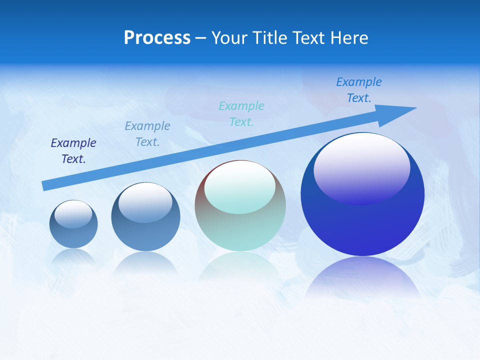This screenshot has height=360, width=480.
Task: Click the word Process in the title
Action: (x=157, y=38)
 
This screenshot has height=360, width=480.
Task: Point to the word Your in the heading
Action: (x=230, y=38)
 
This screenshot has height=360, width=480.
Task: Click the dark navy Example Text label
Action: (x=73, y=151)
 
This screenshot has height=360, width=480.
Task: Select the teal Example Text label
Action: (x=241, y=113)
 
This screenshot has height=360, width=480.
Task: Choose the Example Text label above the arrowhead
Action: (x=359, y=90)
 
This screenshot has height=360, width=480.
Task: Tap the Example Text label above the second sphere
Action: (x=147, y=133)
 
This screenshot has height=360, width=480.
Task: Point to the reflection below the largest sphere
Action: (x=362, y=275)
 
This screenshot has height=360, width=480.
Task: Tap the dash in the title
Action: (x=201, y=38)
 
